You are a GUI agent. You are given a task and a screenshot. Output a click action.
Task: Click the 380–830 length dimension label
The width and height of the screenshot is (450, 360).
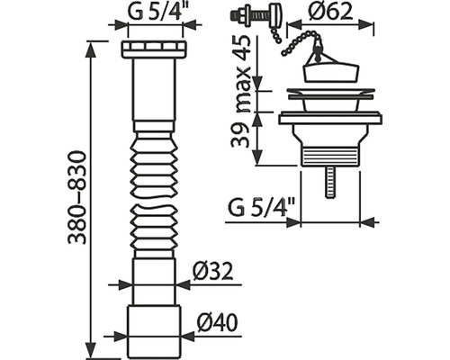[77, 198]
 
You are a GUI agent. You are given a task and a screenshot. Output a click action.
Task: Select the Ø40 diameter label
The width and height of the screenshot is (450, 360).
[218, 323]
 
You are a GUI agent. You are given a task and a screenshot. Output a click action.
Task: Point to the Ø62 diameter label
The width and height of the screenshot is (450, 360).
[331, 12]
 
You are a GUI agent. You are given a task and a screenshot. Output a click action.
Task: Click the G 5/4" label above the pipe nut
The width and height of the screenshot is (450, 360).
[156, 12]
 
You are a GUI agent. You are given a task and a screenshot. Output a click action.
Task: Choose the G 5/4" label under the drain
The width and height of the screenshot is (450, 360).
[262, 208]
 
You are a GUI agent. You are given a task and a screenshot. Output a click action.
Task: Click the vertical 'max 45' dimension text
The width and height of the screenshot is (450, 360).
[241, 74]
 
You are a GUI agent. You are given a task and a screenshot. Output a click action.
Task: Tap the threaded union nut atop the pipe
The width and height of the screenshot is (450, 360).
[155, 49]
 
